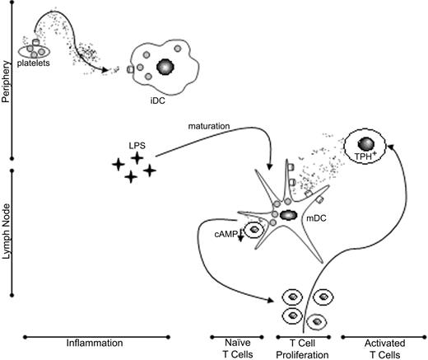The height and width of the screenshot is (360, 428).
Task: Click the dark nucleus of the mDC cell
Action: (290, 216)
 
